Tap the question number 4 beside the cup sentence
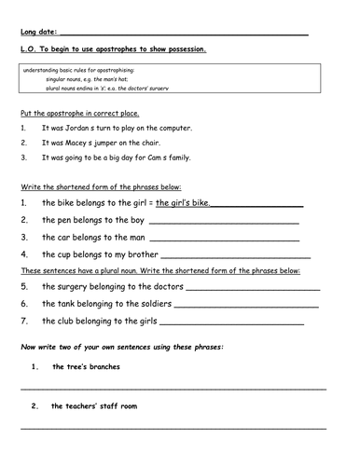tap(23, 254)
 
